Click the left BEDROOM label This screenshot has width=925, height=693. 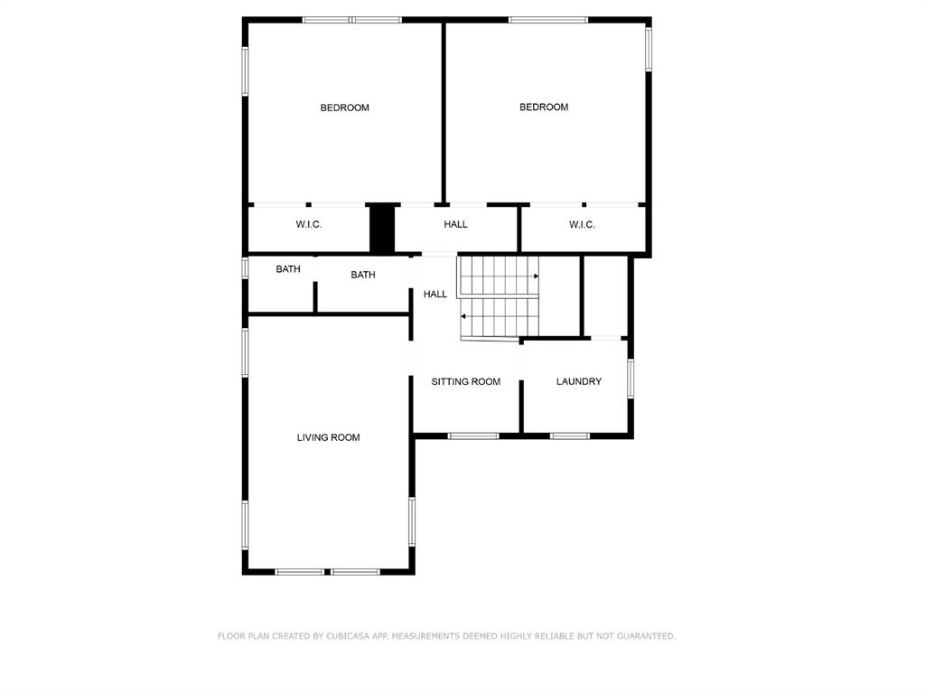coord(344,108)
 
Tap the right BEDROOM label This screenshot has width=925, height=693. coord(544,107)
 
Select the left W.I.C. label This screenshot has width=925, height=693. coord(309,224)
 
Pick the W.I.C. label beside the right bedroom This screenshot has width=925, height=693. coord(582,224)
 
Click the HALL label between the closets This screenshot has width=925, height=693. coord(455,224)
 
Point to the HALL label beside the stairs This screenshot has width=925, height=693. coord(435,294)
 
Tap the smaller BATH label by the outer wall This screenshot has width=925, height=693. coord(288,269)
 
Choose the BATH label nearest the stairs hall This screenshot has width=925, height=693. coord(363,275)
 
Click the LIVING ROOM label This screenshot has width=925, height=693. coord(328,437)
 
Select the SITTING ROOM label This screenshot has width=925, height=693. coord(465,381)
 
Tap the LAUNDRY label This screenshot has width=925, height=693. coord(579,381)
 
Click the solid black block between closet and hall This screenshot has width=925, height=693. coord(382,229)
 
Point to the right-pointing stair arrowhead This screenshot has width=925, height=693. coord(536,276)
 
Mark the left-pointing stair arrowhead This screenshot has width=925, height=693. coord(463,316)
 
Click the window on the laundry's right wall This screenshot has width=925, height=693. coord(631,378)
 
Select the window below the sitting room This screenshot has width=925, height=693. coord(473,436)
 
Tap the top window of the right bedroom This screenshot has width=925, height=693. coord(547,19)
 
